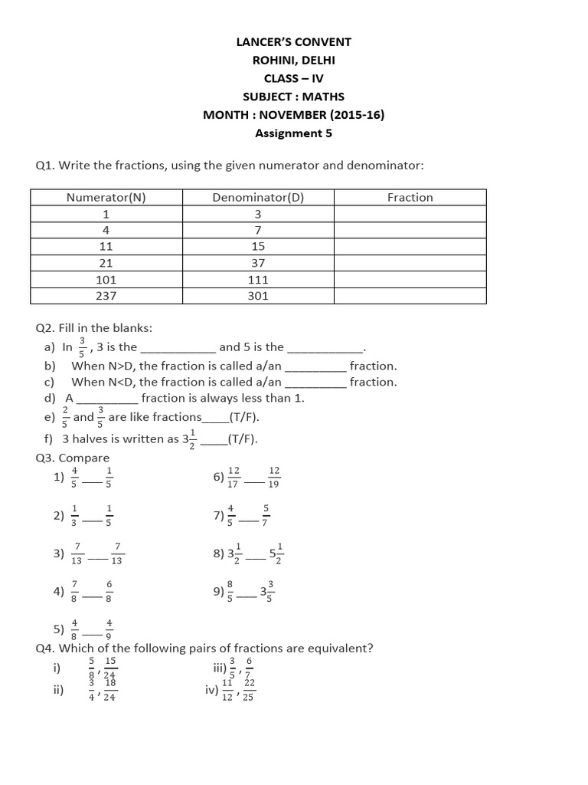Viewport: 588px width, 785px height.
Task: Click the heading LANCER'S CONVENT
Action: pos(294,42)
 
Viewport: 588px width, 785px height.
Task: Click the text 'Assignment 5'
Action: pos(294,133)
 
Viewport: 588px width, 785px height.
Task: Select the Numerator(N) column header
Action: pos(106,197)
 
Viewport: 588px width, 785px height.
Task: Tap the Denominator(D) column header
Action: pos(258,197)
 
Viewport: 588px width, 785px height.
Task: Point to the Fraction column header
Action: pos(410,197)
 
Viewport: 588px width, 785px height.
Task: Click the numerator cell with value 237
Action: pos(106,295)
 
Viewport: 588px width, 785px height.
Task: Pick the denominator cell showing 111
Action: pos(258,280)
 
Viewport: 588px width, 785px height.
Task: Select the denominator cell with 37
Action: pos(258,263)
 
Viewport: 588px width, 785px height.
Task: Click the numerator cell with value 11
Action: pos(106,246)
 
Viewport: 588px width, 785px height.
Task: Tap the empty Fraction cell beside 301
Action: pos(410,295)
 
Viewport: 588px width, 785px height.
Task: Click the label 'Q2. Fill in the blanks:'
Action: pos(94,327)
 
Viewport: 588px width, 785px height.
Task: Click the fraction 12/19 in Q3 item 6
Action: pos(275,477)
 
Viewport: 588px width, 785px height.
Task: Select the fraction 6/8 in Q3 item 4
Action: pos(109,592)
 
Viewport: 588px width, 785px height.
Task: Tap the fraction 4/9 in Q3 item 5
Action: pos(109,629)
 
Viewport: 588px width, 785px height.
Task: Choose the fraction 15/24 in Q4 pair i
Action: pos(110,667)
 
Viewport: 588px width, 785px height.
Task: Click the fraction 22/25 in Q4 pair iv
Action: pos(249,690)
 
